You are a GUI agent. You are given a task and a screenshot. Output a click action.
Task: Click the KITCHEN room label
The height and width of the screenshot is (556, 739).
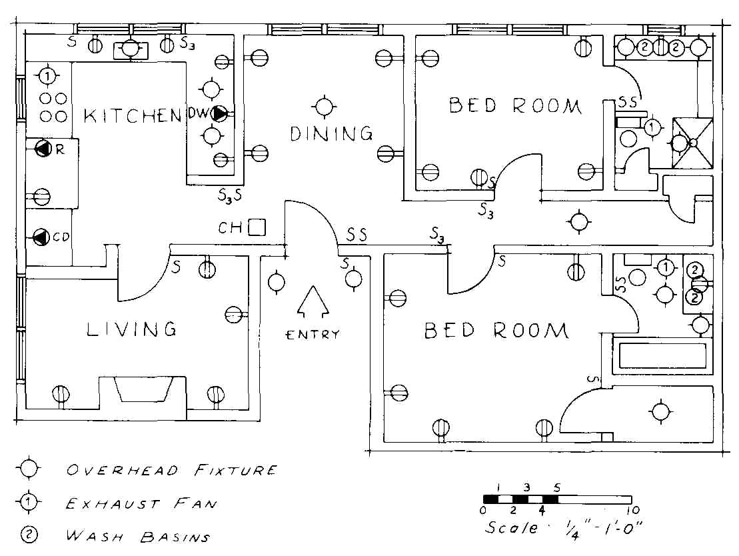click(x=133, y=115)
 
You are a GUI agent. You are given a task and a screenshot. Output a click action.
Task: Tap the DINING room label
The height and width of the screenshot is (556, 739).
click(x=331, y=133)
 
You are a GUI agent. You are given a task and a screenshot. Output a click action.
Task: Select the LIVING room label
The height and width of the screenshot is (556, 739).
click(x=132, y=329)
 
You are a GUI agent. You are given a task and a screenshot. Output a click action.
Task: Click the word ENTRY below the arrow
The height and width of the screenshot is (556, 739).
click(x=313, y=335)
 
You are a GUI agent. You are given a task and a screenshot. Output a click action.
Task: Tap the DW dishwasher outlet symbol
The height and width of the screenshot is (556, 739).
click(x=219, y=114)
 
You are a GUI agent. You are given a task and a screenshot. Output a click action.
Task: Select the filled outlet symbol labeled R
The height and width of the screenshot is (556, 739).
click(x=43, y=149)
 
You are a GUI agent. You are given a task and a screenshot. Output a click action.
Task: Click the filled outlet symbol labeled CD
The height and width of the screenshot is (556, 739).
click(x=41, y=236)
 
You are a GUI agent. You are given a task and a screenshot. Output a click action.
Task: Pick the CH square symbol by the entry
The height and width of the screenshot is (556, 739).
click(x=257, y=228)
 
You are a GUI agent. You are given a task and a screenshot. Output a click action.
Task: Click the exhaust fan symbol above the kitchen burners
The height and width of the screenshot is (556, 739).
click(x=47, y=77)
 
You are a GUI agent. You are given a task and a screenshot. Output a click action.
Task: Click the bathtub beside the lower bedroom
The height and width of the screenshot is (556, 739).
click(x=662, y=355)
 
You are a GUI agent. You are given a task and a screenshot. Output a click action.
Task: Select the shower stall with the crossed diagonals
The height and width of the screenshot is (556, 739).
click(x=693, y=142)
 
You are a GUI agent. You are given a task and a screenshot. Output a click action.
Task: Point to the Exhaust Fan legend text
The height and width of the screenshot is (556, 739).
click(x=141, y=503)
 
